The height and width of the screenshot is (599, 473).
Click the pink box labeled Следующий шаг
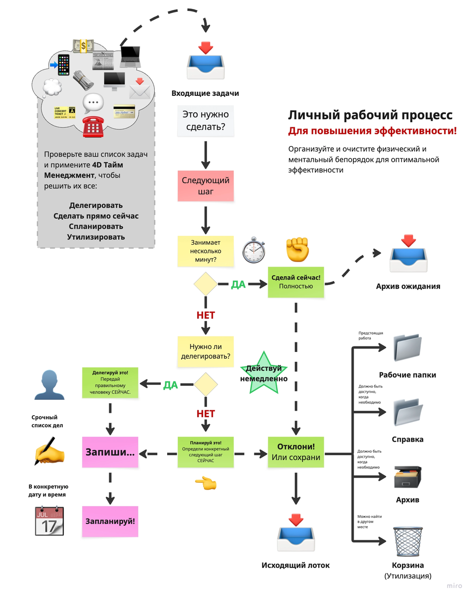(x=206, y=186)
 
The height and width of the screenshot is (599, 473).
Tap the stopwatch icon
(x=254, y=251)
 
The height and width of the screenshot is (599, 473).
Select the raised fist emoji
(x=297, y=249)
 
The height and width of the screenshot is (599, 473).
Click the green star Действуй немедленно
(x=263, y=373)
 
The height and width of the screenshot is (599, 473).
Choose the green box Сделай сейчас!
(x=296, y=282)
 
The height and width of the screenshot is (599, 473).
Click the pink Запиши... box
(x=110, y=452)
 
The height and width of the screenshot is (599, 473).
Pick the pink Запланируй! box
(x=110, y=521)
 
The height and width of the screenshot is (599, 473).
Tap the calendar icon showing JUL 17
(x=49, y=521)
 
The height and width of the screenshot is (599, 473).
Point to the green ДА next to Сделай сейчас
(x=238, y=285)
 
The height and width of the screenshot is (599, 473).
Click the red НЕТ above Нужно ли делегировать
(x=205, y=315)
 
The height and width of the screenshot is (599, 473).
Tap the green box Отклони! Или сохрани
(x=296, y=452)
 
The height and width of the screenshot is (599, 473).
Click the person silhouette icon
(x=49, y=384)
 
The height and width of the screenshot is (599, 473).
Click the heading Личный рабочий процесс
(x=370, y=115)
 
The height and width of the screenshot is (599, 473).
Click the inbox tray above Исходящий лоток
(x=296, y=534)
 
